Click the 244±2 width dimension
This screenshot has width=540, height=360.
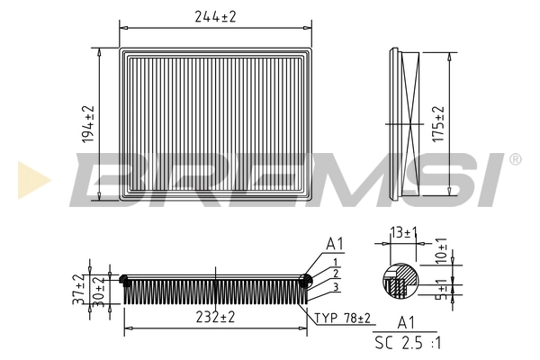(x=216, y=16)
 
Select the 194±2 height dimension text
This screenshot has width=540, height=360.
(x=88, y=123)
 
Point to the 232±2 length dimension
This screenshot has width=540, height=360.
(x=216, y=317)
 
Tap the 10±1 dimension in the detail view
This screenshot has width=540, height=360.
(x=442, y=251)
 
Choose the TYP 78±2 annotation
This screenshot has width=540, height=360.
(x=342, y=317)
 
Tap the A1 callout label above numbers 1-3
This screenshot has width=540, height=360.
(x=335, y=243)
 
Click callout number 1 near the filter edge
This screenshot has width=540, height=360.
(x=335, y=262)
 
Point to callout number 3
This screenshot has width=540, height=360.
(x=335, y=286)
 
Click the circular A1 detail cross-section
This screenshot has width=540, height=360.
(x=400, y=280)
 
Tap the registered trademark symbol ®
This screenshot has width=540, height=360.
(x=514, y=160)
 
